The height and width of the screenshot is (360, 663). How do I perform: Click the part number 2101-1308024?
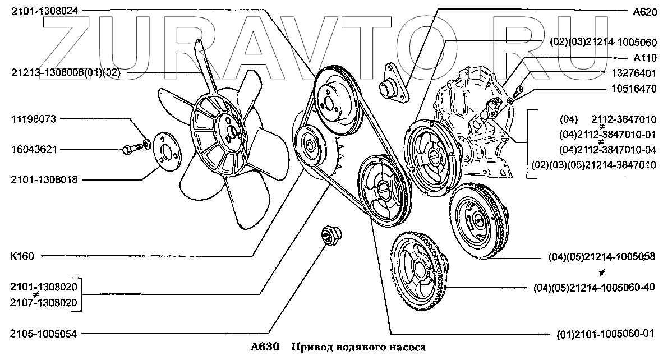[x=44, y=11]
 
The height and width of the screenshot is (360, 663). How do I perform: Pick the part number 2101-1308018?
[x=44, y=179]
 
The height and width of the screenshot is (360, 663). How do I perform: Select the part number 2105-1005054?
[x=44, y=334]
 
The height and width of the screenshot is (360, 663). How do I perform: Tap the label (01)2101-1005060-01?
[x=605, y=334]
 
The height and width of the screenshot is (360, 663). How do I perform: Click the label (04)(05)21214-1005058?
[x=602, y=257]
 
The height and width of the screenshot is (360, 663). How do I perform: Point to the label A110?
[x=645, y=58]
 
